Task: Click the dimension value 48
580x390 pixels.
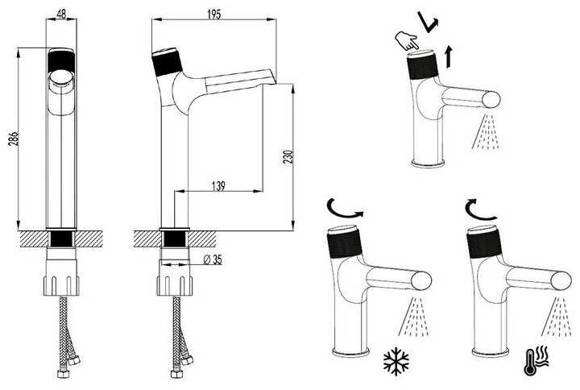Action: (x=61, y=14)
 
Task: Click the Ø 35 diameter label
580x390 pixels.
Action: (x=212, y=259)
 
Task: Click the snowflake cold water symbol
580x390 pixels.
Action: (x=396, y=362)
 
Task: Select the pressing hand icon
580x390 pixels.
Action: (x=408, y=39)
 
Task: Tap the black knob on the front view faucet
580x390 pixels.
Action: (x=61, y=62)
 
